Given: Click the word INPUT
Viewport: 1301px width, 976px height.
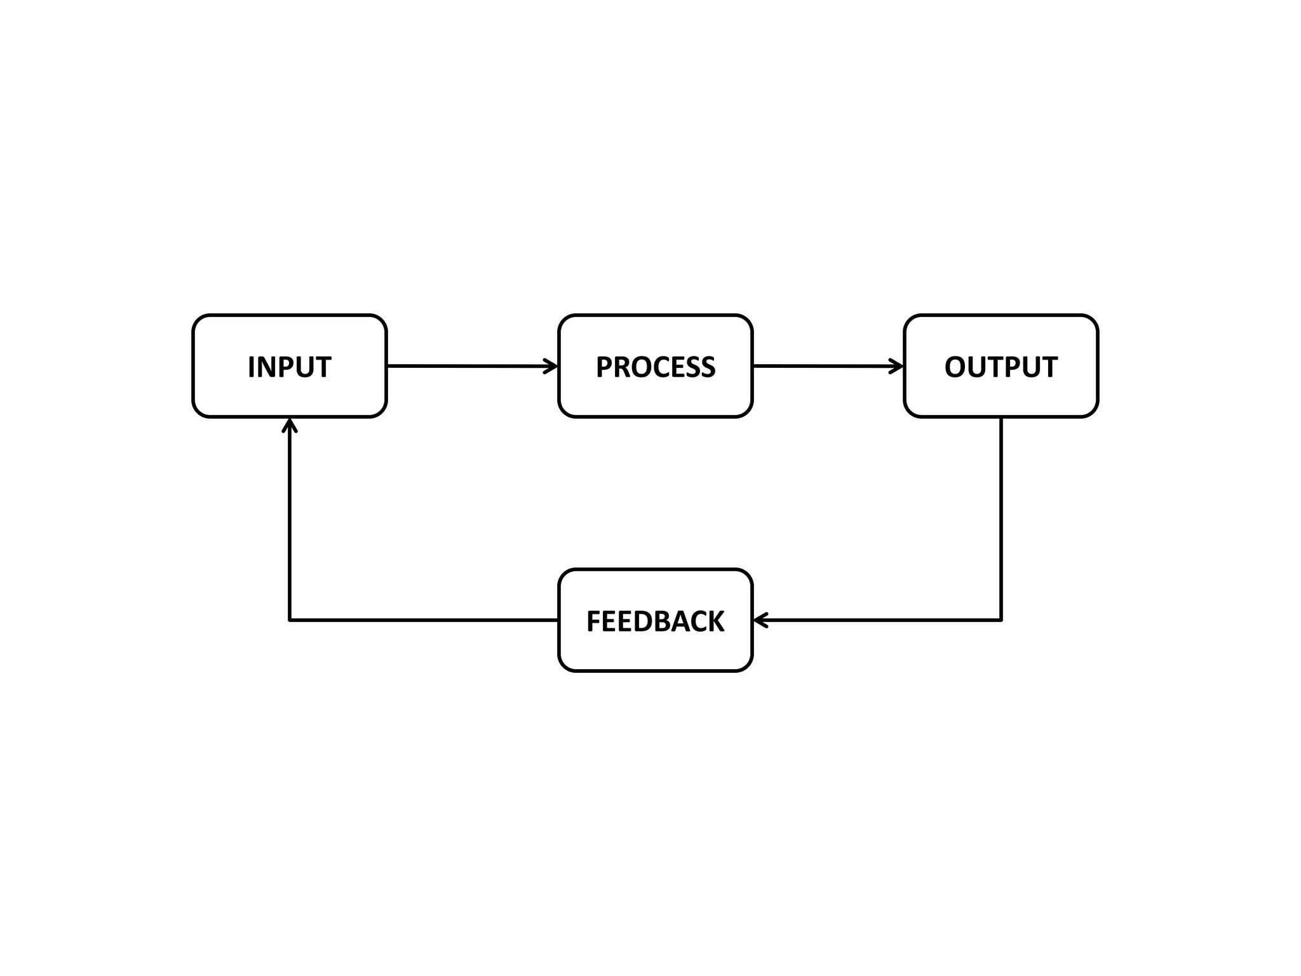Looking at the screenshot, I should pos(289,367).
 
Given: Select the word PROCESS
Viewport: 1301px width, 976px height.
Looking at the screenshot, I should pos(655,367).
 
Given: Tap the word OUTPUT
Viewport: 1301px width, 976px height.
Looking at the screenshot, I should pos(1001,367).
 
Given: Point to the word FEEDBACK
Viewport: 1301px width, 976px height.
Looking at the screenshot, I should pos(655,621).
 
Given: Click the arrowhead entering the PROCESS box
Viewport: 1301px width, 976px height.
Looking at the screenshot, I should pos(551,366).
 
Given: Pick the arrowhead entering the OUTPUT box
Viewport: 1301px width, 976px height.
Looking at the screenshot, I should pos(897,366).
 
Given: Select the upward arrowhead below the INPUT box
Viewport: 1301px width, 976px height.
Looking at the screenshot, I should pos(290,425).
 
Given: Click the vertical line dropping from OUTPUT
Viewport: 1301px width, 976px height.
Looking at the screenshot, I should pos(1001,515).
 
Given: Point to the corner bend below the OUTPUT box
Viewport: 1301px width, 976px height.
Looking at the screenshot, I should pos(1001,620).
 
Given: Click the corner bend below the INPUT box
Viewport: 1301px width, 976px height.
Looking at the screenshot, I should pos(290,620).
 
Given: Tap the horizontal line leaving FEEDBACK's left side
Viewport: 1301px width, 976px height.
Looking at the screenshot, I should pos(426,620).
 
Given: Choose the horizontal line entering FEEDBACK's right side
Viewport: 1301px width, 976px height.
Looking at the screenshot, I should pos(883,620).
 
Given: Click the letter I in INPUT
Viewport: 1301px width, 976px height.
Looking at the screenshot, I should pos(252,367).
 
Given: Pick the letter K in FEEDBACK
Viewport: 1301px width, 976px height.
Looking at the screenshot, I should pos(715,621).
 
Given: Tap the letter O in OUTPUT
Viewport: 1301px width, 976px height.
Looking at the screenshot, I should pos(956,367).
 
